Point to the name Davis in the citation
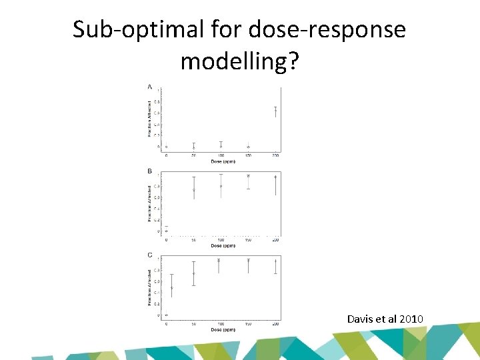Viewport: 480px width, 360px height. [x=360, y=319]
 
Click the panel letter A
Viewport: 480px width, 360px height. [x=149, y=87]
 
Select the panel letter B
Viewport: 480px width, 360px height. [x=149, y=171]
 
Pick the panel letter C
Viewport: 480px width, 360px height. [x=149, y=255]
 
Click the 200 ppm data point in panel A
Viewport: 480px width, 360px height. [x=276, y=111]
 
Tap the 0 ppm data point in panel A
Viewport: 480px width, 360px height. [x=167, y=147]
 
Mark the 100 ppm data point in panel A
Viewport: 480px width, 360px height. [x=221, y=146]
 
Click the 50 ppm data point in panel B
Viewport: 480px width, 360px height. [x=194, y=190]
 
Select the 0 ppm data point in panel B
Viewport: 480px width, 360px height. [x=167, y=231]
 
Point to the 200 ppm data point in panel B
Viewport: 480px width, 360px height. [x=276, y=177]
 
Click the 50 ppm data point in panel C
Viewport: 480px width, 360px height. [x=194, y=273]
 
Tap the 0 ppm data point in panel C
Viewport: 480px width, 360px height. [x=167, y=315]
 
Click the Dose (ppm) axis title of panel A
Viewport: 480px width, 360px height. [x=221, y=161]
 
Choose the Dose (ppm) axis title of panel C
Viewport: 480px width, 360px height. [x=221, y=329]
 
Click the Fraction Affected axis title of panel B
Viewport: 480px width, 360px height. [x=150, y=203]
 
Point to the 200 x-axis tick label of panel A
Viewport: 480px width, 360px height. [x=276, y=155]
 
